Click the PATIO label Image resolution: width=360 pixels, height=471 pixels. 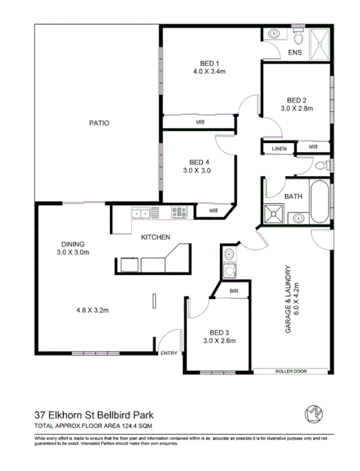click(99, 123)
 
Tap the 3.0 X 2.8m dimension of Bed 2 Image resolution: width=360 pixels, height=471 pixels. click(296, 108)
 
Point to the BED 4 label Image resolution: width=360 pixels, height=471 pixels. click(199, 162)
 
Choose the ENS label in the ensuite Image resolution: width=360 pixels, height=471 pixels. click(295, 53)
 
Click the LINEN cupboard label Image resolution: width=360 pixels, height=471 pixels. click(279, 148)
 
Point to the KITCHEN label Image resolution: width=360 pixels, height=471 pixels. click(155, 237)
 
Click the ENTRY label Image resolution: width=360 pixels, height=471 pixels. click(169, 353)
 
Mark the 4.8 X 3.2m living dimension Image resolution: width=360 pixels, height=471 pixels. click(92, 310)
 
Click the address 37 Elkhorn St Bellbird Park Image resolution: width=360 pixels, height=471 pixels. click(93, 414)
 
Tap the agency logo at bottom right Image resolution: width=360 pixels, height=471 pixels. click(315, 413)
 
